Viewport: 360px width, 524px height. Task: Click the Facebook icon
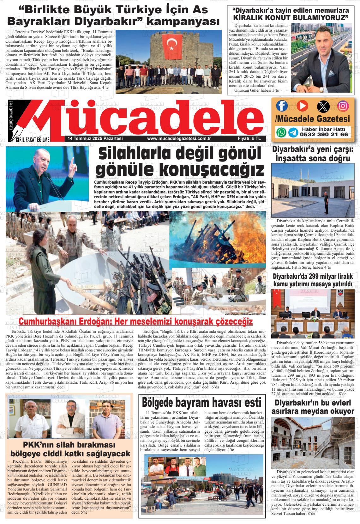point(282,106)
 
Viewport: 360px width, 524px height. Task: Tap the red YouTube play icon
point(302,106)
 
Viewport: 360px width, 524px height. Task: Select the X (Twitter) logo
point(323,106)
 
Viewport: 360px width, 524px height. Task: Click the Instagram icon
point(343,106)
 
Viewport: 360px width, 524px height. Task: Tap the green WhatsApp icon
point(281,132)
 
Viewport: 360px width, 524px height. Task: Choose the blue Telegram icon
point(293,132)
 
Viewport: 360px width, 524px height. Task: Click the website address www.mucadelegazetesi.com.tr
point(179,138)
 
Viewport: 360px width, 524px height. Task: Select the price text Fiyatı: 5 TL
point(249,138)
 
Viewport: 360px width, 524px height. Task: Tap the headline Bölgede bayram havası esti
point(202,403)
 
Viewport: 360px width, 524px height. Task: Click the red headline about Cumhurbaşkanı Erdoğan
point(136,321)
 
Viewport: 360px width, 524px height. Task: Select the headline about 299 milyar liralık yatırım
point(313,280)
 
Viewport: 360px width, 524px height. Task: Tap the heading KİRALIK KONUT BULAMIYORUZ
point(291,17)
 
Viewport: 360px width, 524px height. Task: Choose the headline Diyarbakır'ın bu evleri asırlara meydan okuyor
point(313,407)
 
